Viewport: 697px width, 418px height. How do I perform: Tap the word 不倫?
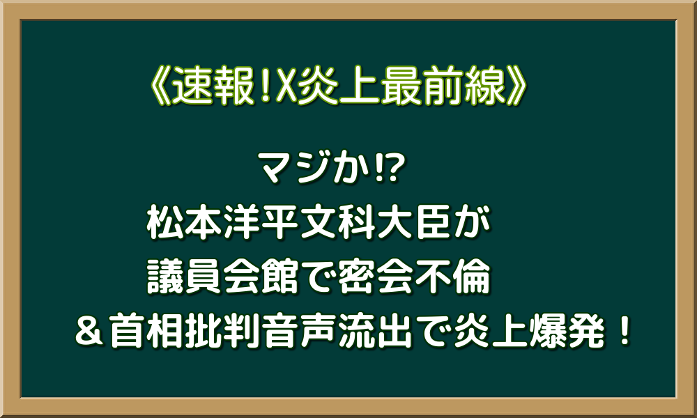pos(460,279)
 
